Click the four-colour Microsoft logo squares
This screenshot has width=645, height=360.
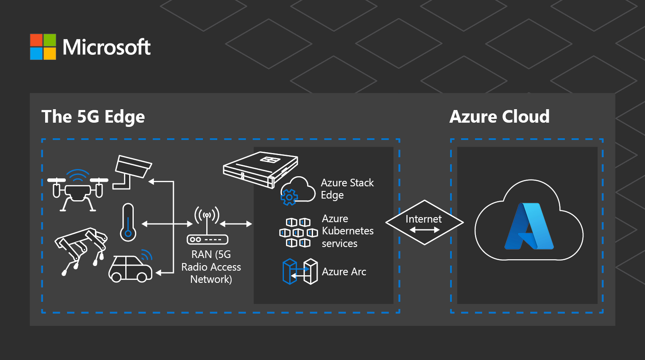43,47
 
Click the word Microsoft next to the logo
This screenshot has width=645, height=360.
106,47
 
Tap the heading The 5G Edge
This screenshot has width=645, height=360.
93,117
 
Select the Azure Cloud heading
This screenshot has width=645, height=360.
499,117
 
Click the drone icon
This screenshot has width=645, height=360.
78,190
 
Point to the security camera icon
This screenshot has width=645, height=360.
132,171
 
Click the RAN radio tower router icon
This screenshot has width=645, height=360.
207,227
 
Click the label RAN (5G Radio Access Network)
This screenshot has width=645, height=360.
211,267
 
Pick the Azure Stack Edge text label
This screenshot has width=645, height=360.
347,189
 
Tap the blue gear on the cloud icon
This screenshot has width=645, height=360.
289,197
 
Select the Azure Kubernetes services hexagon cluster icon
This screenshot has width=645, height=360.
298,233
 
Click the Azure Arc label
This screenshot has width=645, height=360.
344,272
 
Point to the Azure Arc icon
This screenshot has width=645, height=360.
300,272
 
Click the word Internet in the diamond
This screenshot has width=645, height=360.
424,219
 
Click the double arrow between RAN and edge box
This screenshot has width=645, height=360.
236,224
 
